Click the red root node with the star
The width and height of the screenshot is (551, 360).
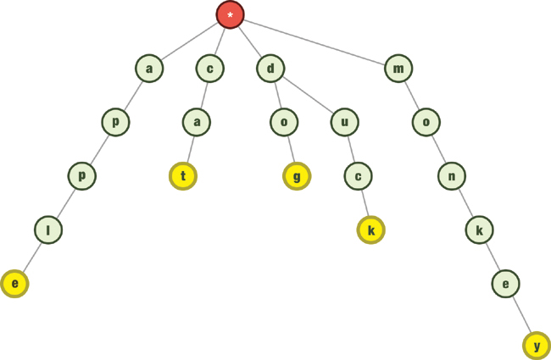click(x=230, y=14)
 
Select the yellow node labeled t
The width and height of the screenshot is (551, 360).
click(x=183, y=176)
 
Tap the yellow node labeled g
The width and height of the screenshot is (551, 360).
click(x=297, y=176)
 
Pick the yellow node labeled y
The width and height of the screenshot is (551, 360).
click(x=537, y=346)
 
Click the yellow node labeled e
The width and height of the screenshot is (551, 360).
click(x=14, y=284)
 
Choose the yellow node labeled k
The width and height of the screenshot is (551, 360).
click(x=370, y=230)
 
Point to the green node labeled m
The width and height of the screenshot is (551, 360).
click(x=398, y=68)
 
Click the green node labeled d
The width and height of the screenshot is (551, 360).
click(x=270, y=68)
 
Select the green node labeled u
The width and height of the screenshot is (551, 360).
click(x=344, y=123)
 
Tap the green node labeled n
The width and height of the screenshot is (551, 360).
click(x=452, y=176)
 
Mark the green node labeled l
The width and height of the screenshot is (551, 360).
click(x=48, y=230)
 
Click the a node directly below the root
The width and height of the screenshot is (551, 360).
click(x=149, y=68)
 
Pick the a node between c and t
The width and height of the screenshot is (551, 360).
click(x=196, y=123)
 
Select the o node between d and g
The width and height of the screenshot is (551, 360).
click(x=284, y=123)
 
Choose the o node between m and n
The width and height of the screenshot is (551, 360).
click(x=426, y=123)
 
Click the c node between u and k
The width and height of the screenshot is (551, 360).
click(x=358, y=176)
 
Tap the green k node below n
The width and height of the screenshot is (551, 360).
click(x=479, y=230)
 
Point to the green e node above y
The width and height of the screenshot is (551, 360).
click(x=506, y=284)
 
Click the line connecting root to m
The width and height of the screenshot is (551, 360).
click(x=314, y=41)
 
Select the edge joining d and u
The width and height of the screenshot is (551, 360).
click(x=307, y=95)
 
